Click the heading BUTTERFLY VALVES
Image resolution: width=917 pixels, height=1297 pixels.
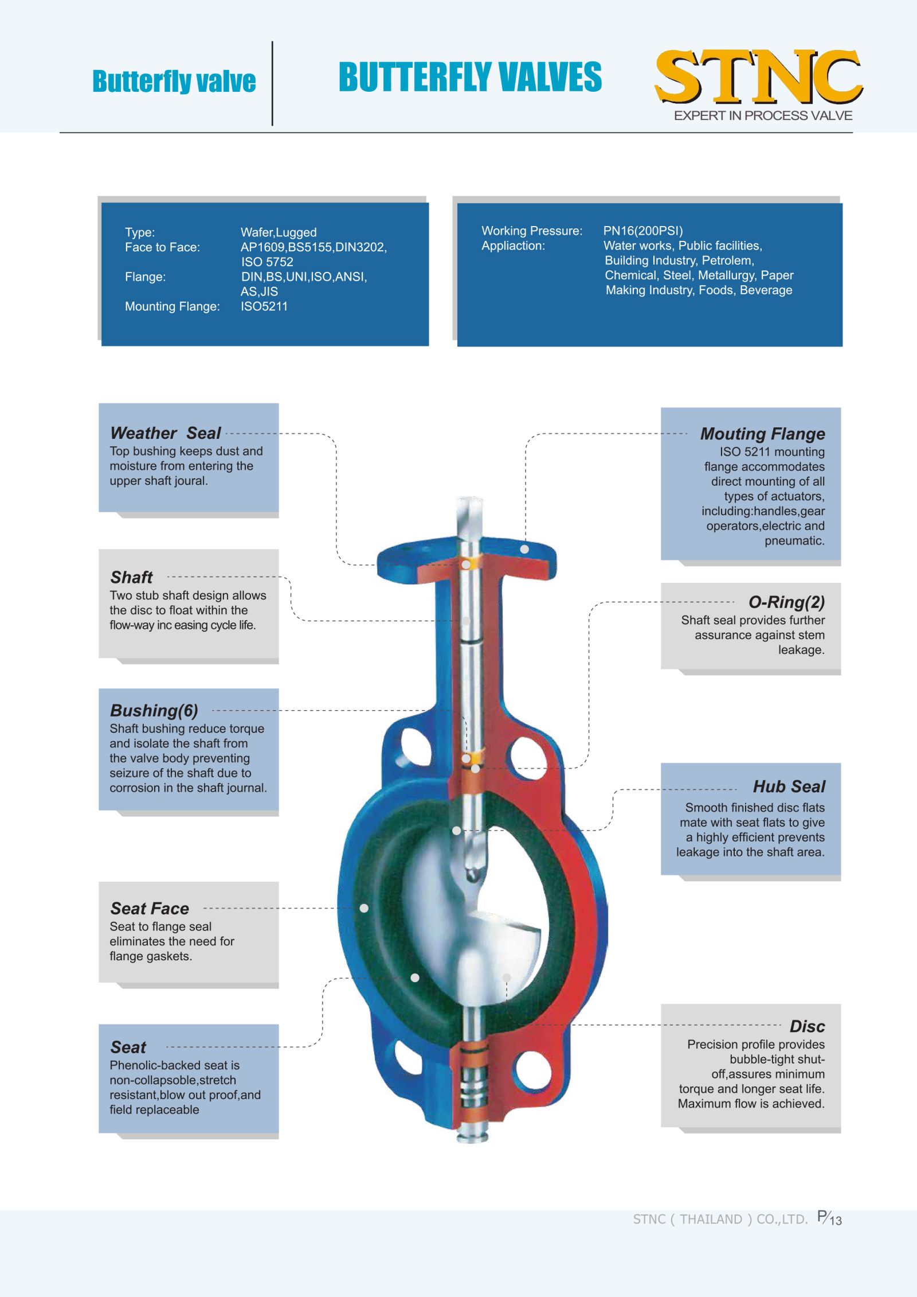click(x=470, y=77)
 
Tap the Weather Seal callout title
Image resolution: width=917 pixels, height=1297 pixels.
click(x=165, y=433)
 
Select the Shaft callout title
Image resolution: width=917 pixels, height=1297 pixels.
click(x=131, y=577)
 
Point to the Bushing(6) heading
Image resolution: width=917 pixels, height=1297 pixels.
click(x=154, y=711)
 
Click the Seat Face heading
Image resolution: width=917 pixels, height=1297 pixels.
click(x=150, y=909)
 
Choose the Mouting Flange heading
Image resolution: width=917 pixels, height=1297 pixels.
click(x=762, y=434)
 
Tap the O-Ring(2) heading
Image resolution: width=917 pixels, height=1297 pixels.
click(x=786, y=602)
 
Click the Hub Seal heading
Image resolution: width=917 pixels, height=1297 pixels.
click(x=789, y=786)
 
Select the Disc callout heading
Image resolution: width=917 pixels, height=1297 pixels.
click(x=807, y=1026)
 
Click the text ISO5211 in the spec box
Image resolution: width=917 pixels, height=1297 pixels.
click(x=264, y=306)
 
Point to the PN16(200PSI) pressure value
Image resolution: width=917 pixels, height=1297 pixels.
click(x=642, y=231)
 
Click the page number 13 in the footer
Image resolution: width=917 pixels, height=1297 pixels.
click(x=836, y=1220)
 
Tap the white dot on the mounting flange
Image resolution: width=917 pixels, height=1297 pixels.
click(x=524, y=550)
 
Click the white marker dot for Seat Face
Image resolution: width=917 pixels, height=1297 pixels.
click(x=364, y=908)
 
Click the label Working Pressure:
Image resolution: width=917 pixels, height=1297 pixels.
click(x=531, y=231)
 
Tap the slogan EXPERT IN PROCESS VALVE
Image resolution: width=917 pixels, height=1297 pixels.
click(x=763, y=115)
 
